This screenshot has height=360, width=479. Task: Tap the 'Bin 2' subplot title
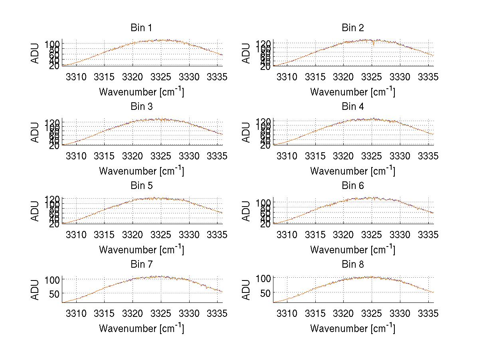tap(352, 28)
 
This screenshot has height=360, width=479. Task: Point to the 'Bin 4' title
tap(352, 107)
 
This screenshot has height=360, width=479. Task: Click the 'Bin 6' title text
tap(352, 186)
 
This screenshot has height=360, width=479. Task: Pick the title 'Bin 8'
tap(352, 265)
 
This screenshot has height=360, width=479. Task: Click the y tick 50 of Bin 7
tap(54, 293)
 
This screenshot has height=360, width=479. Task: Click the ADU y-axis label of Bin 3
tap(36, 132)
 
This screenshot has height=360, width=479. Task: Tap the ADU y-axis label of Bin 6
tap(247, 211)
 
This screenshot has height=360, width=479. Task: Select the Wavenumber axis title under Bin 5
tap(141, 250)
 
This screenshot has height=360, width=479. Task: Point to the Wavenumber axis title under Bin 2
tap(352, 92)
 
